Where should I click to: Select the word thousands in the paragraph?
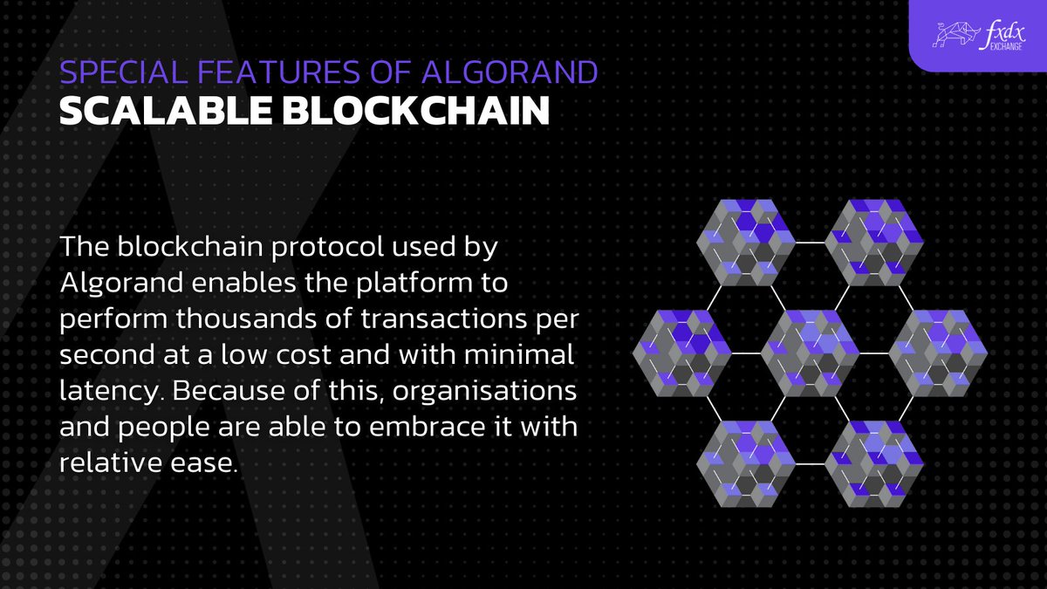click(x=228, y=319)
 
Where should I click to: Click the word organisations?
click(x=483, y=392)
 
